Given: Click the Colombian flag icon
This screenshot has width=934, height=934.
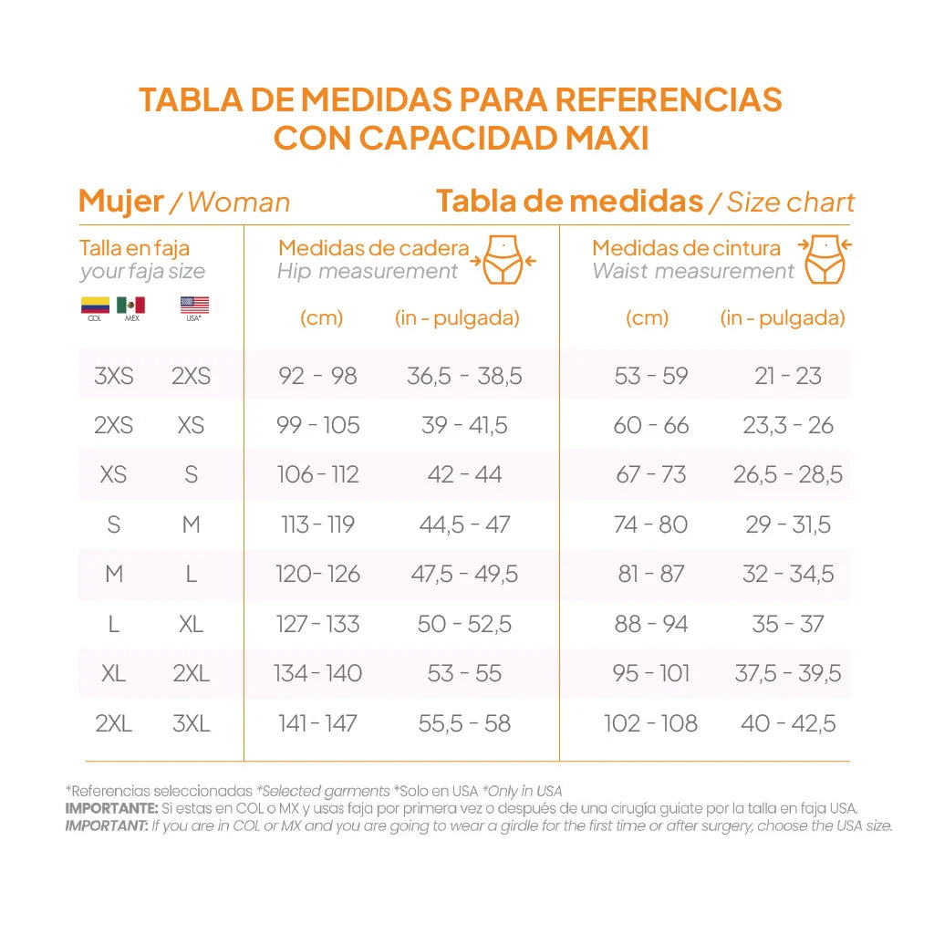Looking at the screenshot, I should click(x=95, y=305).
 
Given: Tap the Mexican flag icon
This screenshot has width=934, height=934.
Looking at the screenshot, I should click(x=130, y=305).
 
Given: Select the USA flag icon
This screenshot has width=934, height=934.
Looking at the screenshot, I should click(x=194, y=305).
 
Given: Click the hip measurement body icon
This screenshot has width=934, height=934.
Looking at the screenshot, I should click(x=503, y=259).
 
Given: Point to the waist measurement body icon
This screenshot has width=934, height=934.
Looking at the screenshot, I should click(x=825, y=259).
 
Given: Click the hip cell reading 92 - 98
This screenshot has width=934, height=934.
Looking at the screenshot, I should click(x=317, y=376).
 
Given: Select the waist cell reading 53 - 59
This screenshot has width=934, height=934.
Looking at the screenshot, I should click(x=650, y=376).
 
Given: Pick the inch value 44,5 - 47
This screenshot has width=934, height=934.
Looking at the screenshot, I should click(x=464, y=524).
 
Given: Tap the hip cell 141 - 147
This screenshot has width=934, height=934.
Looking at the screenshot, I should click(x=317, y=723).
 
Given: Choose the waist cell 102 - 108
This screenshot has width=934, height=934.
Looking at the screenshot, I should click(x=650, y=723).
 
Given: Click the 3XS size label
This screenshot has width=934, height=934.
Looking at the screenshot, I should click(x=114, y=376).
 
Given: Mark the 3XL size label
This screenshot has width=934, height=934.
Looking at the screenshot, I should click(x=191, y=723).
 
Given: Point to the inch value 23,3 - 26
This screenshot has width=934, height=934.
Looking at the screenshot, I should click(x=788, y=425).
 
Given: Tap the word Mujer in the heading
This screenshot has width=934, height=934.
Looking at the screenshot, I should click(x=121, y=201).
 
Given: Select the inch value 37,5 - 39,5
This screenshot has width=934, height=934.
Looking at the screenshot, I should click(x=788, y=674).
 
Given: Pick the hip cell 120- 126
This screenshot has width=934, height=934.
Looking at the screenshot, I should click(x=317, y=575).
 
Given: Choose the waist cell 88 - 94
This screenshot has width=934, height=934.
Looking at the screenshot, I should click(x=650, y=624).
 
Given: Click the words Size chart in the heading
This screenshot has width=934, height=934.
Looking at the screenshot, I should click(x=791, y=202).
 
